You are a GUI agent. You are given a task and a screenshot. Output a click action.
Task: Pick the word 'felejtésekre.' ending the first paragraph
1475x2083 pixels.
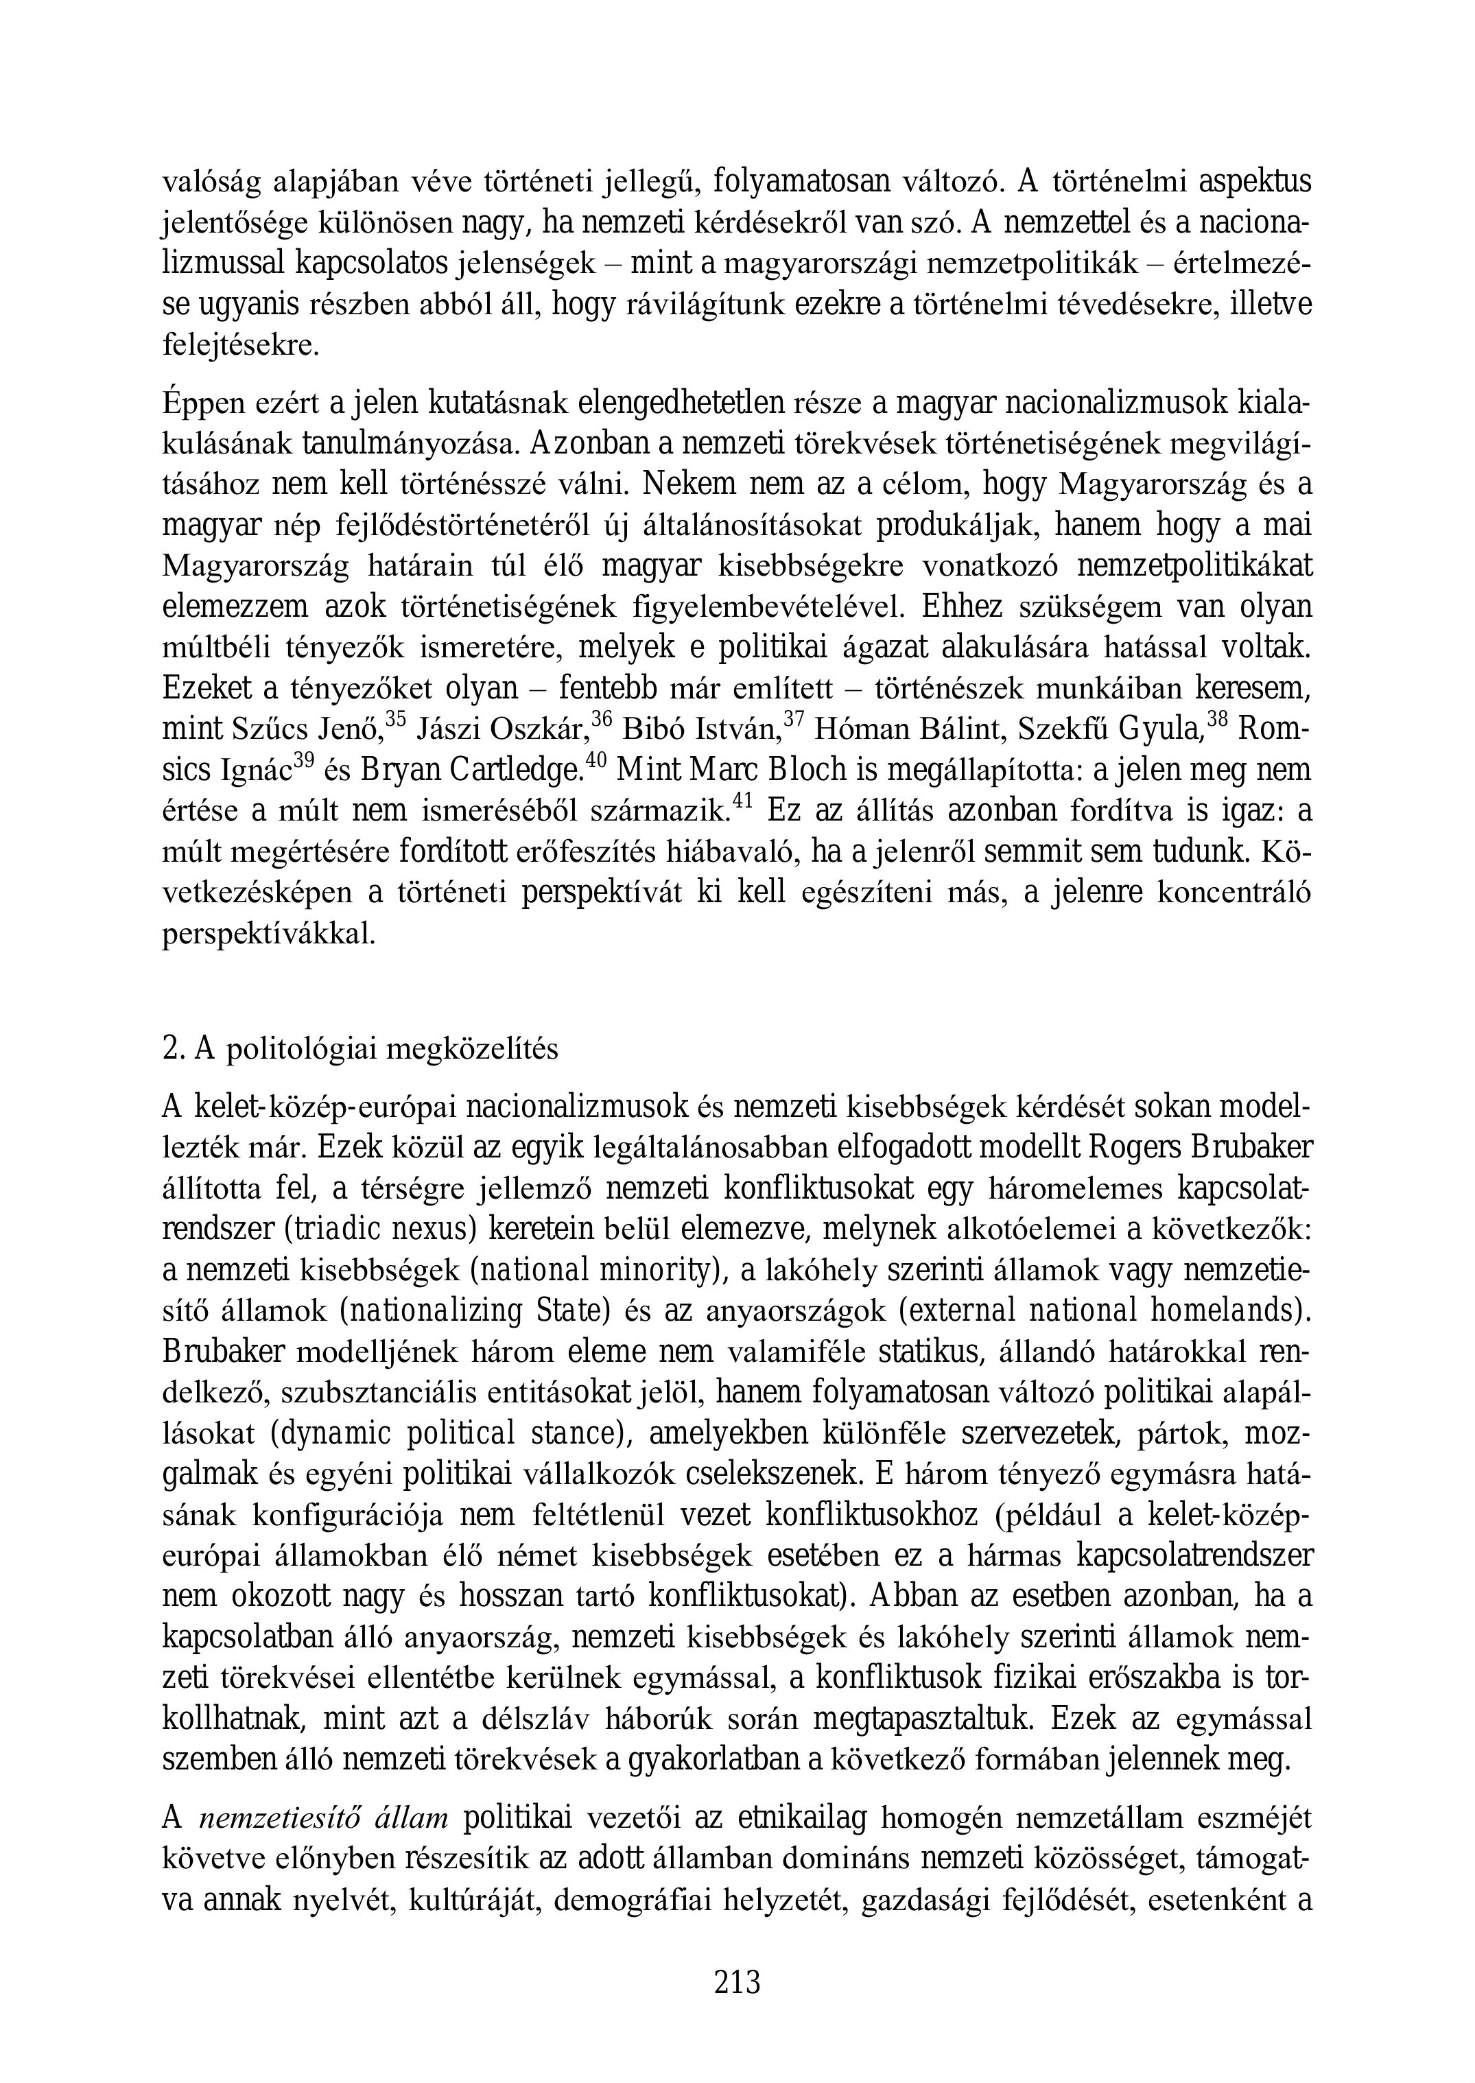click(x=241, y=346)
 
